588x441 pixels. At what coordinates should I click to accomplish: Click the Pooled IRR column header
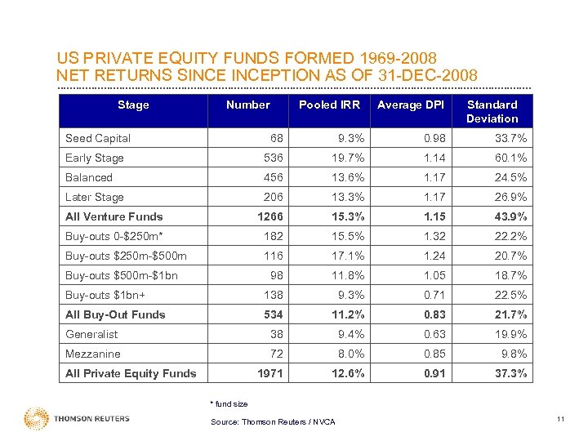pos(329,105)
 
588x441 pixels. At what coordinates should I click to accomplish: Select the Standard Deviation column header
pos(492,111)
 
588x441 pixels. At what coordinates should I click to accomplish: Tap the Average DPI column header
pos(411,105)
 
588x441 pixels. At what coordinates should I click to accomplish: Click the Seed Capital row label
pos(98,138)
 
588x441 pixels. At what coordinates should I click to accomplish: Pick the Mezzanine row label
pos(93,354)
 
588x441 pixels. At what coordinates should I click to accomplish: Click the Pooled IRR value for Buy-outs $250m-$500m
pos(350,256)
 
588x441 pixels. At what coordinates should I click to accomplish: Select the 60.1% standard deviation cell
pos(510,158)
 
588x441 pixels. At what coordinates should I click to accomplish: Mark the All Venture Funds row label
pos(114,216)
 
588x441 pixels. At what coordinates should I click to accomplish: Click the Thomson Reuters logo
pos(78,419)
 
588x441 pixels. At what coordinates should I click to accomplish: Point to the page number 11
pos(560,419)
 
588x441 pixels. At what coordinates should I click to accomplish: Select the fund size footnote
pos(229,403)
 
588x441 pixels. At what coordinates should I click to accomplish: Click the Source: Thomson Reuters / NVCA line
pos(273,421)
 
